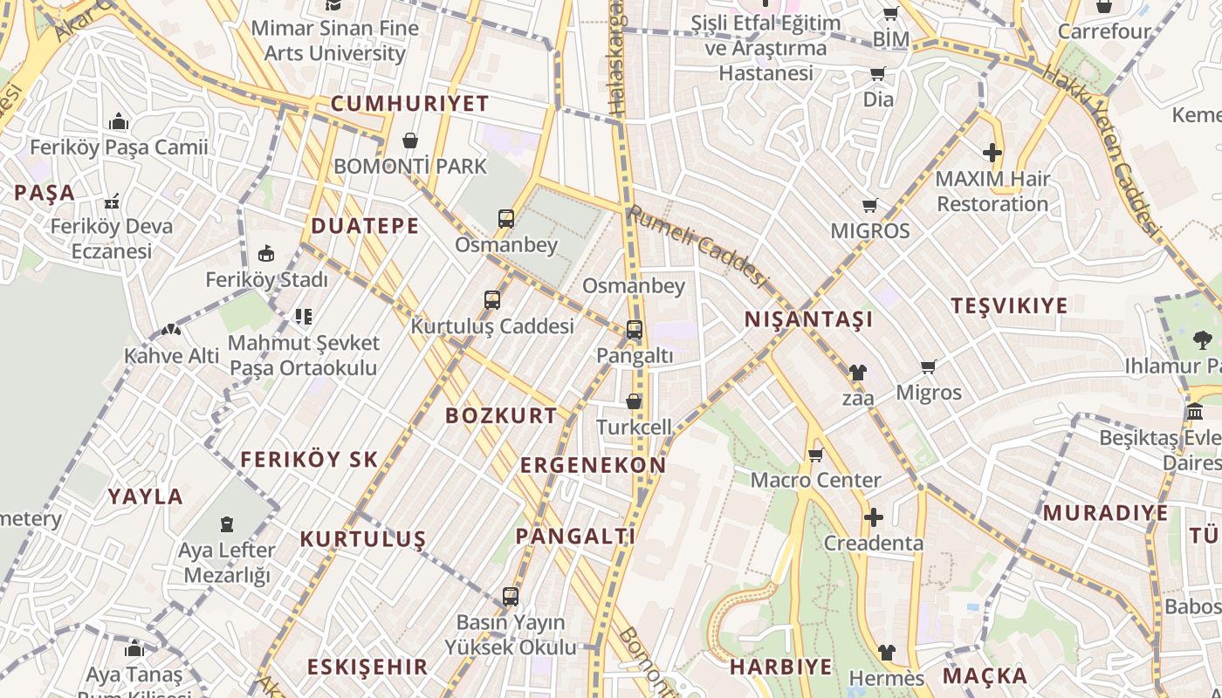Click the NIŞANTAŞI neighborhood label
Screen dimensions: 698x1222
click(808, 320)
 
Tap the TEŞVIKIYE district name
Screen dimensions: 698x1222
click(1009, 305)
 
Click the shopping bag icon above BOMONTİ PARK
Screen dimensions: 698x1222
click(409, 140)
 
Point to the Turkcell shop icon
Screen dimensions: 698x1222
click(634, 401)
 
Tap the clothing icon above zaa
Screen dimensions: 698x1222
click(857, 373)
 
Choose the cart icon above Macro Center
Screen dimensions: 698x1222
click(816, 455)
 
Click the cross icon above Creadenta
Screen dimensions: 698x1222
click(873, 517)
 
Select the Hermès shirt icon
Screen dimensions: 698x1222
click(886, 653)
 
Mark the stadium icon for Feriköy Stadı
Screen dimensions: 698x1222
click(266, 254)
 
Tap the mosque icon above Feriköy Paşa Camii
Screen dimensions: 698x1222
click(119, 121)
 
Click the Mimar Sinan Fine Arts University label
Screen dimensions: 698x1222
click(335, 41)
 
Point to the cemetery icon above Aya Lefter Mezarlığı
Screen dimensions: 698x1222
click(227, 524)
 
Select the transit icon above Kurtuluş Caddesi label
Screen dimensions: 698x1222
click(492, 300)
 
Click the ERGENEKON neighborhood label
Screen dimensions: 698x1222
click(593, 465)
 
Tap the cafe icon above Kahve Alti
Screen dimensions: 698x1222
click(170, 331)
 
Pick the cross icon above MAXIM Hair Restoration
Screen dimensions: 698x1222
click(992, 154)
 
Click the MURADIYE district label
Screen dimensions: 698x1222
click(1105, 512)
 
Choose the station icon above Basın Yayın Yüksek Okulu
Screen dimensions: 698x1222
click(511, 598)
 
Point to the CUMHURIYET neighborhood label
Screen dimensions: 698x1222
click(409, 104)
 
